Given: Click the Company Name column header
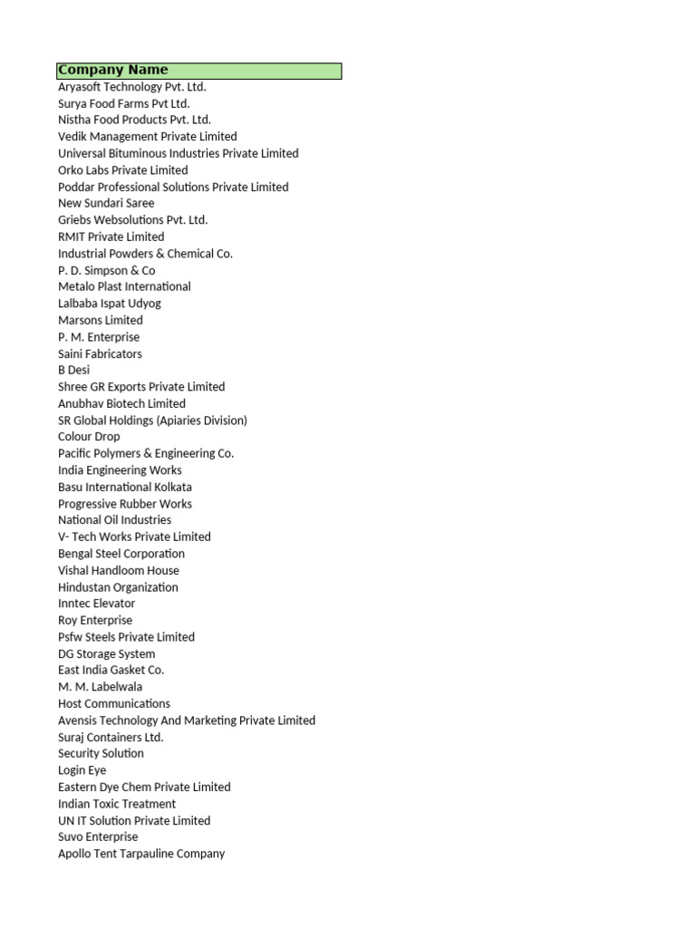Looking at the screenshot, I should tap(113, 71).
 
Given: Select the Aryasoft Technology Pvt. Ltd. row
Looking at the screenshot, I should tap(132, 87).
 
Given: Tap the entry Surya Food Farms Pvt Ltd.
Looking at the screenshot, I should tap(124, 103).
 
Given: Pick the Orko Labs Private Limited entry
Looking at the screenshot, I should tap(123, 170).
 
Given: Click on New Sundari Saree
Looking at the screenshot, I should tap(106, 203).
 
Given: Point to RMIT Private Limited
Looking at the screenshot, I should tap(111, 237).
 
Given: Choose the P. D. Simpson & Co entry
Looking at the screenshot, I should tap(107, 270).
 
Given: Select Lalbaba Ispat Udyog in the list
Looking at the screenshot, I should tap(110, 304).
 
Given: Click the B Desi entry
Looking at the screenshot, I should tap(74, 370).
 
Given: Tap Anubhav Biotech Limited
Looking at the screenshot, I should tap(121, 403).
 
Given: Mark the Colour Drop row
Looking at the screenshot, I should tap(89, 437).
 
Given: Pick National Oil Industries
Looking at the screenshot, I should tap(114, 520).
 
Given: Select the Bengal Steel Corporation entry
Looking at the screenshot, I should tap(121, 554).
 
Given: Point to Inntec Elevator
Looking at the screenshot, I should tap(97, 604).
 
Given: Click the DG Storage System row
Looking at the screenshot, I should tap(107, 653).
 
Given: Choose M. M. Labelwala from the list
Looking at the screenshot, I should tap(101, 687).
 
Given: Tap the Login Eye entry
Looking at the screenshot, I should tap(82, 770).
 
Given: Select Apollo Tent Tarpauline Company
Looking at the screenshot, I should tap(141, 854).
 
